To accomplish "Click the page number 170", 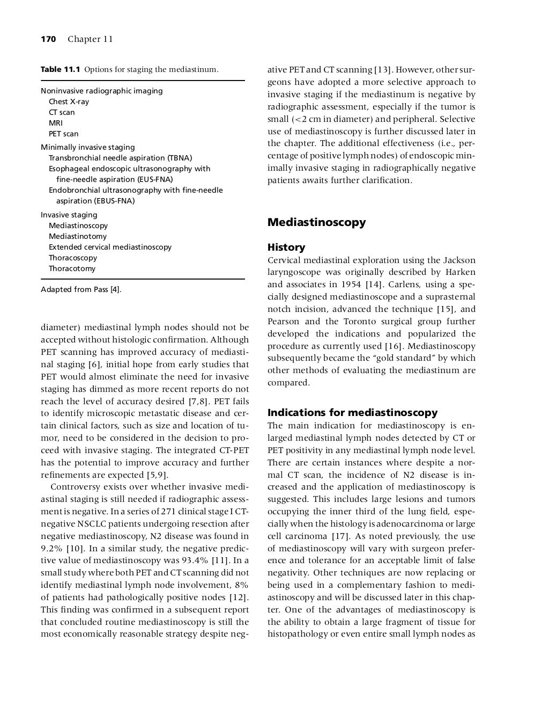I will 48,39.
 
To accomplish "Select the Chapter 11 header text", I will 90,39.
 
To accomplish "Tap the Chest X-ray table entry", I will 69,101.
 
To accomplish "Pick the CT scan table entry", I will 62,112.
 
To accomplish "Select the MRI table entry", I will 56,123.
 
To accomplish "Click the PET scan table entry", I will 63,134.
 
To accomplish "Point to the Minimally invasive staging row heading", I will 88,147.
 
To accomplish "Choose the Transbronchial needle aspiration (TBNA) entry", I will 120,158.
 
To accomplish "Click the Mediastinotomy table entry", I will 78,236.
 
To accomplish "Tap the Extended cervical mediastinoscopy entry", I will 110,247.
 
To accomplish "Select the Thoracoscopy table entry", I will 73,258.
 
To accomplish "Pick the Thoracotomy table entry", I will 72,268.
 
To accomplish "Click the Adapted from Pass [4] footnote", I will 81,290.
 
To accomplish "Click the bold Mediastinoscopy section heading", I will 316,222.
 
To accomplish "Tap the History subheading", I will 286,247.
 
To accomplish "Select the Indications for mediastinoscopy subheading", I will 352,413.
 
